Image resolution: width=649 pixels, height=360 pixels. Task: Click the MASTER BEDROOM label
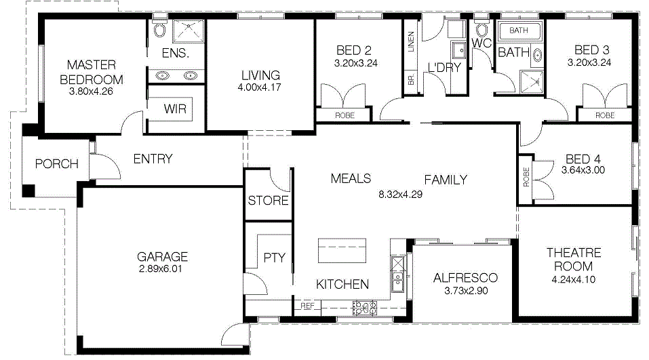[92, 72]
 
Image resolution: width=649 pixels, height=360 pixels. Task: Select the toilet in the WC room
[481, 28]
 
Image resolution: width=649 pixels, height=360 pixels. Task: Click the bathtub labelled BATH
[519, 31]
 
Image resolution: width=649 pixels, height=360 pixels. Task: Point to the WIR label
[175, 109]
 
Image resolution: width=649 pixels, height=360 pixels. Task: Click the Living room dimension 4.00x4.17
[259, 87]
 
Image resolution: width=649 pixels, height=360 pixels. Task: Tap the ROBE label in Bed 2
[345, 115]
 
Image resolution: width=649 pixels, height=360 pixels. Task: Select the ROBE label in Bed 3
[605, 115]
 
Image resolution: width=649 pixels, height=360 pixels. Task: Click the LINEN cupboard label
[411, 42]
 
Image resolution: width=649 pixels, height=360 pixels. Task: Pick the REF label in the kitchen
[307, 306]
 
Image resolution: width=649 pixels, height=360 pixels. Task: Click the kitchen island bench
[342, 250]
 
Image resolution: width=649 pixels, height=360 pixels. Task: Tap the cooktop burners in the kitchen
[365, 308]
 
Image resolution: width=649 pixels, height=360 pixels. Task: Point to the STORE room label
[268, 201]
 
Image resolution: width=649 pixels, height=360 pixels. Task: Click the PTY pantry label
[274, 258]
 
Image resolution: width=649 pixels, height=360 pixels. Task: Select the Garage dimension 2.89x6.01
[161, 269]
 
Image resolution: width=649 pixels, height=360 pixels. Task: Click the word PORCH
[57, 164]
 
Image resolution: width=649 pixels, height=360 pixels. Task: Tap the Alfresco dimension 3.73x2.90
[466, 291]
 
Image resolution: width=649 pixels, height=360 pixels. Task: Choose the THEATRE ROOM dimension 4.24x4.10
[574, 280]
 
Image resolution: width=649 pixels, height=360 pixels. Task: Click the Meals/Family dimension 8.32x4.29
[400, 195]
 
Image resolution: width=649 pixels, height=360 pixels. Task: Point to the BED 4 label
[583, 159]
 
